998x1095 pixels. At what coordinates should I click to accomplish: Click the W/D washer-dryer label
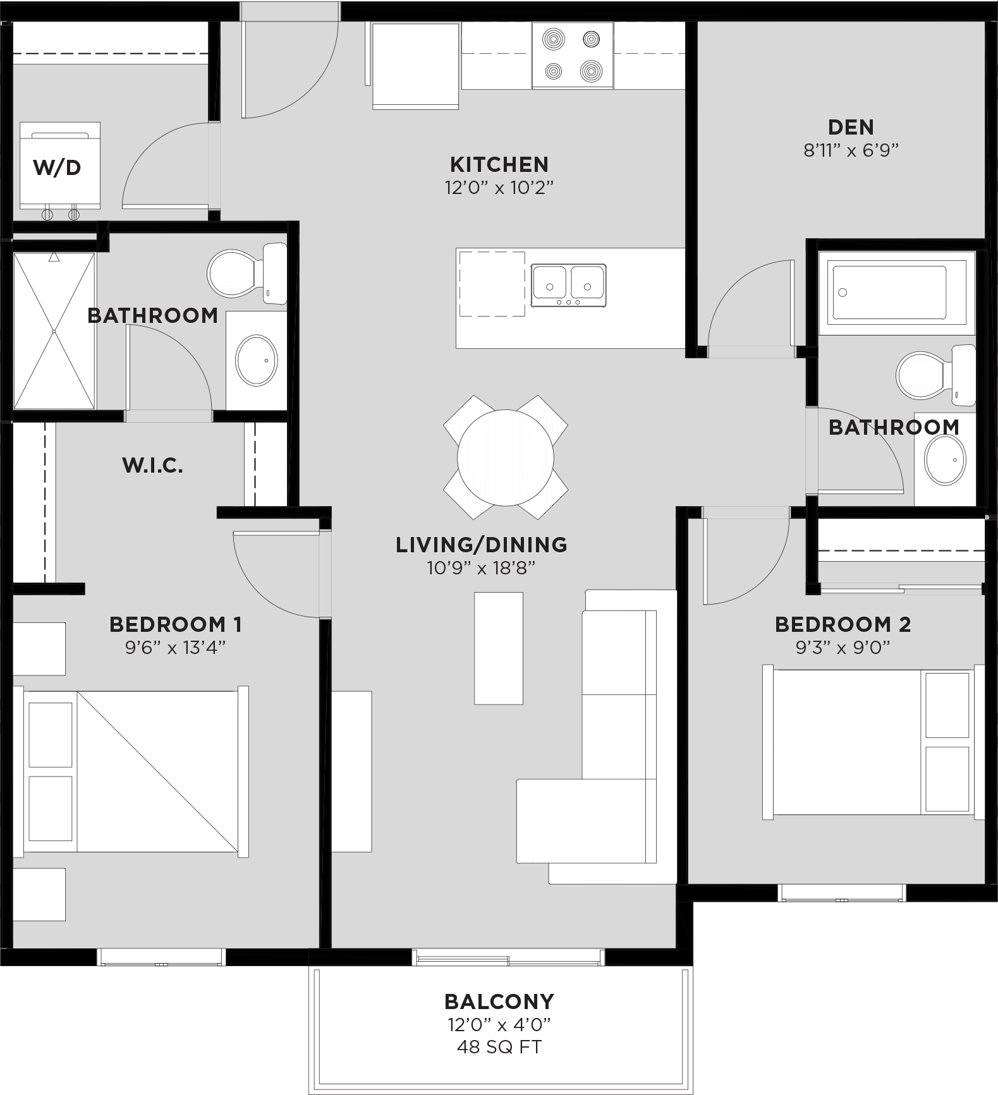[57, 167]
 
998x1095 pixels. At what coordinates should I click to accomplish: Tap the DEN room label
[851, 127]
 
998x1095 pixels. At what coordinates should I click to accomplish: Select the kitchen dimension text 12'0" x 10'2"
[499, 188]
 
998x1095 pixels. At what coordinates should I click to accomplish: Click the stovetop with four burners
[572, 56]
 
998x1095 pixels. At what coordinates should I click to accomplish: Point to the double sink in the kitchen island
[568, 286]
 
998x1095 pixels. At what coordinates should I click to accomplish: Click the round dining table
[505, 457]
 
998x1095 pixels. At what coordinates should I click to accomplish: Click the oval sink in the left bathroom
[257, 360]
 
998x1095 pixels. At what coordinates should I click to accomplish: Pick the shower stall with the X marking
[54, 330]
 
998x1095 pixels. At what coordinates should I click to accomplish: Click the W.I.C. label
[152, 466]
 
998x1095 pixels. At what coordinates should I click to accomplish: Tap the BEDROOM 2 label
[843, 624]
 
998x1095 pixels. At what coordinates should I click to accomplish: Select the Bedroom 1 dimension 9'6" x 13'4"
[175, 648]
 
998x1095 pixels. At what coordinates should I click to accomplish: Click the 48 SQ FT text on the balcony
[499, 1047]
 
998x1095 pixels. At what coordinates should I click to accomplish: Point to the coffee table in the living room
[499, 648]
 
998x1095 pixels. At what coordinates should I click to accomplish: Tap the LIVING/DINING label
[481, 545]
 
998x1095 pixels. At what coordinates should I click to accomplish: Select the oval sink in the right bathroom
[945, 459]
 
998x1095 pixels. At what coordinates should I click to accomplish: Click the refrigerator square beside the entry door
[415, 65]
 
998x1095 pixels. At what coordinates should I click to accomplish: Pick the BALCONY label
[499, 1001]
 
